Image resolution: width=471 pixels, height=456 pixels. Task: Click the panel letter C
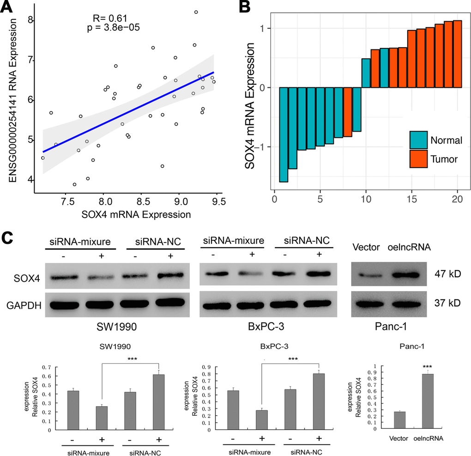[x=8, y=239]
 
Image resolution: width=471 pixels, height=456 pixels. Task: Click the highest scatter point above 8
[x=196, y=12]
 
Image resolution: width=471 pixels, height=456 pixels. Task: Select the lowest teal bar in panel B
[x=284, y=134]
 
